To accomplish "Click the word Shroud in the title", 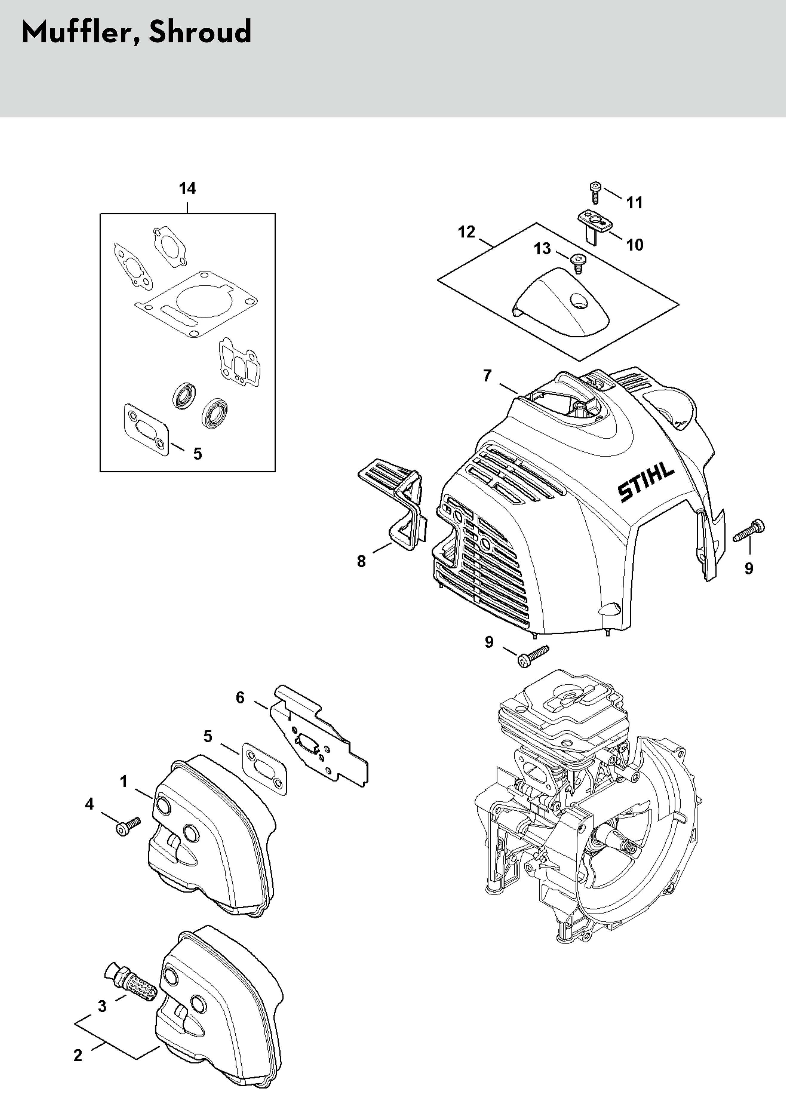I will [x=200, y=32].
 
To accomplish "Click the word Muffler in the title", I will [x=76, y=32].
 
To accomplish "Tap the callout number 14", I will [x=188, y=188].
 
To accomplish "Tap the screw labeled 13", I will [x=578, y=263].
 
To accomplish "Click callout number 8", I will [x=361, y=561].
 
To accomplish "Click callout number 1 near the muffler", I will [x=124, y=781].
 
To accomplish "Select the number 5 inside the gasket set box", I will [x=197, y=454].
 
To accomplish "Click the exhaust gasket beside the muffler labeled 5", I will [x=264, y=769].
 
